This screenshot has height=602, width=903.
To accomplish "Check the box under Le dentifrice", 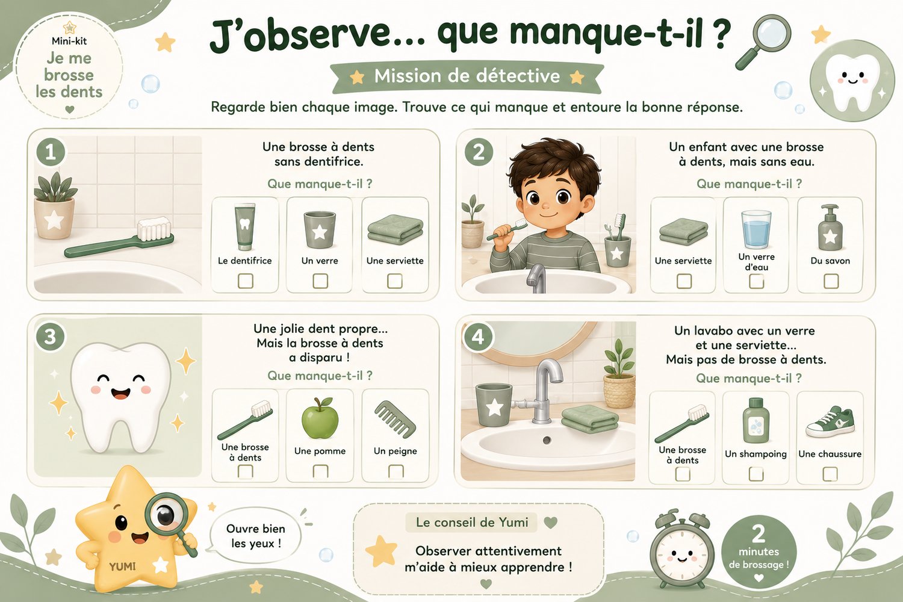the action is tap(245, 281).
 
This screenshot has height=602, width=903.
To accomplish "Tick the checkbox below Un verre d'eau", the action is tap(756, 281).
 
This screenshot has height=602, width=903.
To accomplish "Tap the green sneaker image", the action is tap(830, 422).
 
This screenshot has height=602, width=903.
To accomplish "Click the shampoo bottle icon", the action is tap(756, 420).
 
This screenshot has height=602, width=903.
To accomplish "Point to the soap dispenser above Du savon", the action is tap(830, 228).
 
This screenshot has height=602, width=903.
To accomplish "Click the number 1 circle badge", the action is tap(51, 152).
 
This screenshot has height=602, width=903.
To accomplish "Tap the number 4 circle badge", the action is tap(478, 337).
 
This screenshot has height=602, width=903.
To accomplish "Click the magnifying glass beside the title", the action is tap(764, 40).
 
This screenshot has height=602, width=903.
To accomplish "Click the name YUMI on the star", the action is tap(123, 566).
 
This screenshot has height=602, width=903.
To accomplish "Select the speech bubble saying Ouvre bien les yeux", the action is tap(256, 536).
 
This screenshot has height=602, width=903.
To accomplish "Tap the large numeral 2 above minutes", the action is tap(759, 534).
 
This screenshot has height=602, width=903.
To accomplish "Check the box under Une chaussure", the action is tap(830, 474).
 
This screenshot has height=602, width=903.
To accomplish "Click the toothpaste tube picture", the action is tap(244, 227).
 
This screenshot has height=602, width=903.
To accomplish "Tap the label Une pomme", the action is tap(320, 451).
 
